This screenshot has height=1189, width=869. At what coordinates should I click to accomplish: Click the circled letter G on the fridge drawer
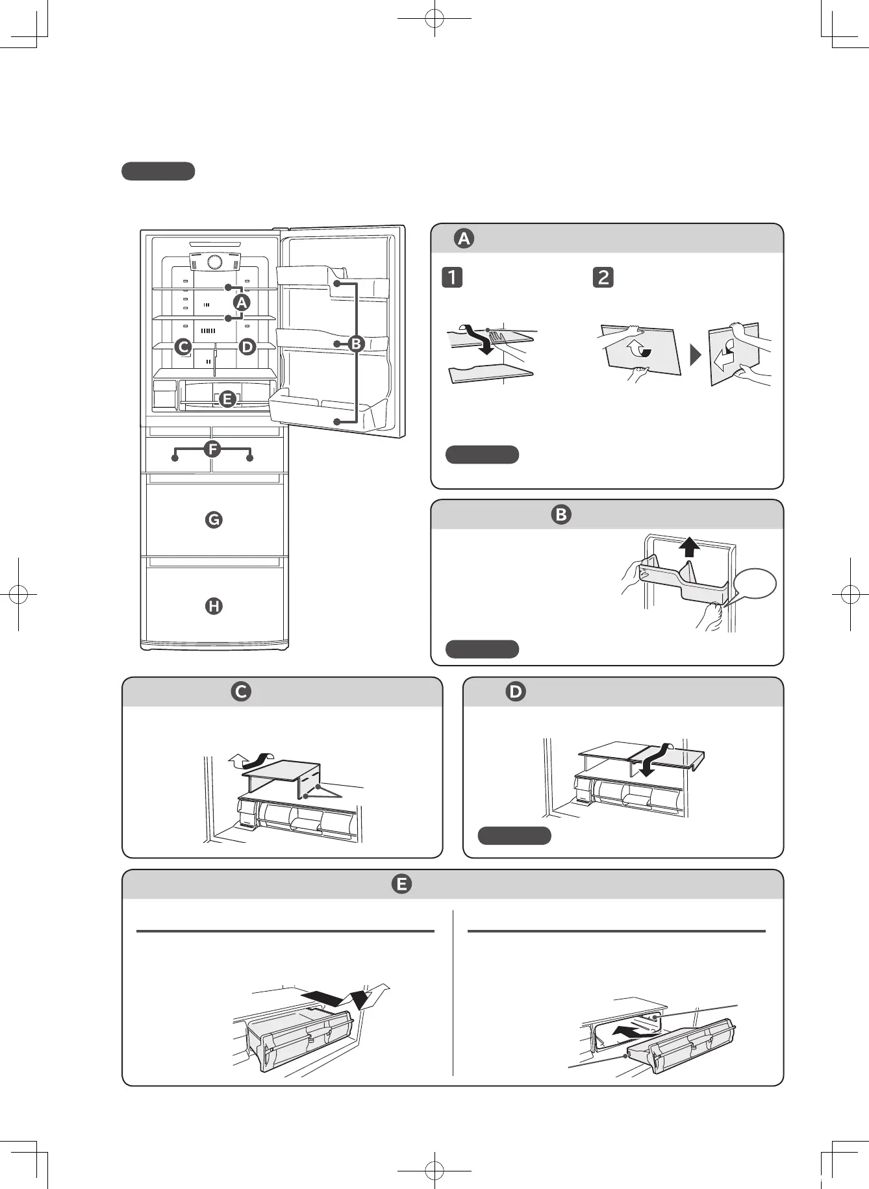(213, 519)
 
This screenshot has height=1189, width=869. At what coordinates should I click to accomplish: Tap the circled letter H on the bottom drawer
(214, 606)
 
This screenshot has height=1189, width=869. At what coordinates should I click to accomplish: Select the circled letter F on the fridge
(212, 449)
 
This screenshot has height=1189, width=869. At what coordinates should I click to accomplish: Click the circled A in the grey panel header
(464, 238)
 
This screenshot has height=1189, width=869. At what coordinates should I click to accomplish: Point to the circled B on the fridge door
(356, 344)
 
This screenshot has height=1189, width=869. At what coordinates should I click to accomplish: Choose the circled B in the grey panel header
(561, 514)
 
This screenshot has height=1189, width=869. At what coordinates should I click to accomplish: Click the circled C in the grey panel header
(241, 692)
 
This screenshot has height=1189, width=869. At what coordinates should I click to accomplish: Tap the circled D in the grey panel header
(516, 692)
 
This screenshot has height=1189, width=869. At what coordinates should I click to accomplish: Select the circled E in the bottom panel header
(401, 884)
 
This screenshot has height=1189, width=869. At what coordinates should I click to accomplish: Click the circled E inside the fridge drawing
(227, 399)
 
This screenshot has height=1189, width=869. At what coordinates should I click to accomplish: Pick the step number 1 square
(452, 277)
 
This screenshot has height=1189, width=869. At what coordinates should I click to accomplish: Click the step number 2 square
(603, 277)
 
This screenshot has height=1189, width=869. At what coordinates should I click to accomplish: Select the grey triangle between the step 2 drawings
(696, 355)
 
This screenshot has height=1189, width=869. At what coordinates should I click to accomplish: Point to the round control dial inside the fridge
(214, 262)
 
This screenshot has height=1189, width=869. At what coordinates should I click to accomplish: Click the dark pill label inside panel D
(514, 836)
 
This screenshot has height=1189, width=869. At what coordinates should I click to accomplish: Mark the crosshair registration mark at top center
(434, 19)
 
